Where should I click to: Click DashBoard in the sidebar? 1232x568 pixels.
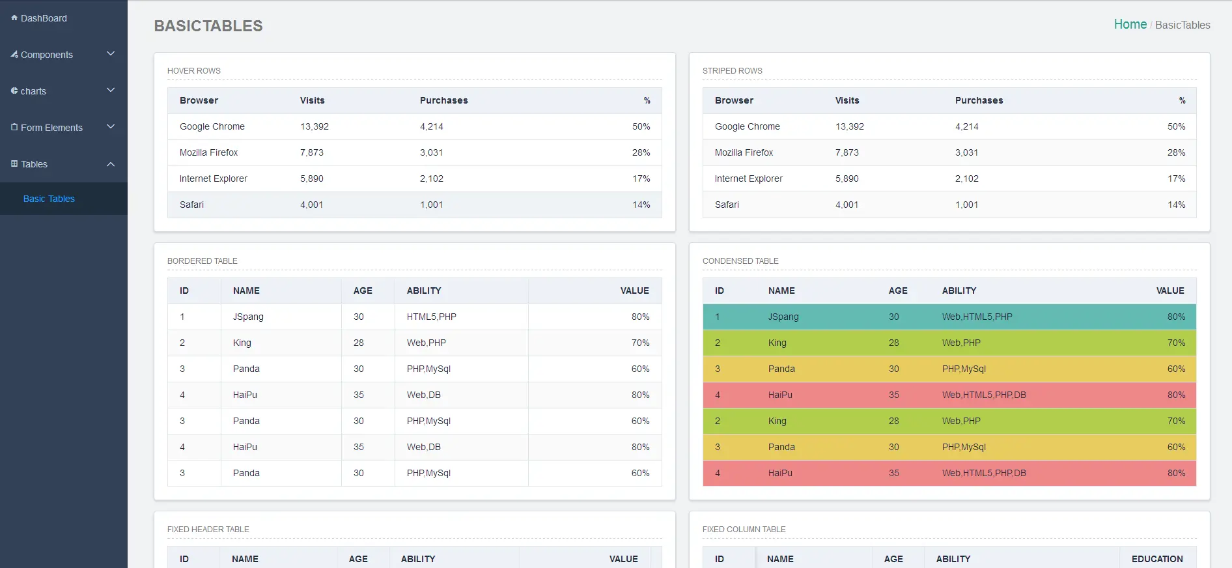pos(43,18)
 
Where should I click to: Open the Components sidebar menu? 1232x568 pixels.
pos(46,55)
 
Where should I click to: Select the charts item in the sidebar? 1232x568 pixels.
pos(33,91)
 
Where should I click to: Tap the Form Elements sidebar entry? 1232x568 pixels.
pos(51,128)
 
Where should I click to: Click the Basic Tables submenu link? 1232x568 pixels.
pos(49,199)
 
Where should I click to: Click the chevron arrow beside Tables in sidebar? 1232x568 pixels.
pos(111,164)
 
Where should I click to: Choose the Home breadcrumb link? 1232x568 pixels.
pos(1130,25)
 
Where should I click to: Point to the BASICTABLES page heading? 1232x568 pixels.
pos(208,26)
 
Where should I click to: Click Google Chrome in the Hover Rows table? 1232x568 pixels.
pos(212,126)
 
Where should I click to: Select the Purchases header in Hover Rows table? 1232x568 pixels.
pos(443,100)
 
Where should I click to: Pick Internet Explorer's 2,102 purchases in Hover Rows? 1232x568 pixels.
pos(431,178)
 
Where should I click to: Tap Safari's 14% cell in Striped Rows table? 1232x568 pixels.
pos(1176,205)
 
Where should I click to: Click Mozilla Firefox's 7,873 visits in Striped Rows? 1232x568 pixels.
pos(847,152)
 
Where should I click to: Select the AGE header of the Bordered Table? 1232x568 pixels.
pos(363,291)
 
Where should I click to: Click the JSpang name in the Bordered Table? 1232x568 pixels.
pos(248,317)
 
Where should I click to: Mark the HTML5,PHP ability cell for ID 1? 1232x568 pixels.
pos(431,317)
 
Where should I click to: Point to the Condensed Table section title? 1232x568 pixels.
pos(740,261)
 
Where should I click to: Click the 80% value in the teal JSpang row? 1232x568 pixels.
pos(1176,317)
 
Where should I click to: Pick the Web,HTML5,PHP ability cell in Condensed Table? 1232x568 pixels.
pos(977,317)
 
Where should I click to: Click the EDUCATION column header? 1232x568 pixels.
pos(1157,559)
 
